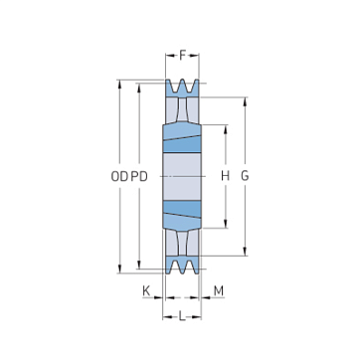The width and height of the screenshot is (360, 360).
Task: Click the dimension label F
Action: click(x=182, y=55)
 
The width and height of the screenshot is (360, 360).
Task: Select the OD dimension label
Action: click(x=119, y=177)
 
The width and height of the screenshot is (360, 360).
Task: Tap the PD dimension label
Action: click(x=139, y=177)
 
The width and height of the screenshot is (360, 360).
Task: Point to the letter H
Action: click(x=226, y=176)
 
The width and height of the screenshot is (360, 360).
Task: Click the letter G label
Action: click(x=245, y=176)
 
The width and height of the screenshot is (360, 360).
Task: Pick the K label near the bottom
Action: click(x=146, y=291)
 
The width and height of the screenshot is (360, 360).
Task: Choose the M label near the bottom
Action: click(x=219, y=291)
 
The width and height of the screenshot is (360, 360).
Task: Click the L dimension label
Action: click(x=182, y=317)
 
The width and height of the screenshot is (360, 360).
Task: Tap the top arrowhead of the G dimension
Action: click(x=245, y=101)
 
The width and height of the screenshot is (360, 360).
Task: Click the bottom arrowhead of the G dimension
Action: click(x=245, y=252)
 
